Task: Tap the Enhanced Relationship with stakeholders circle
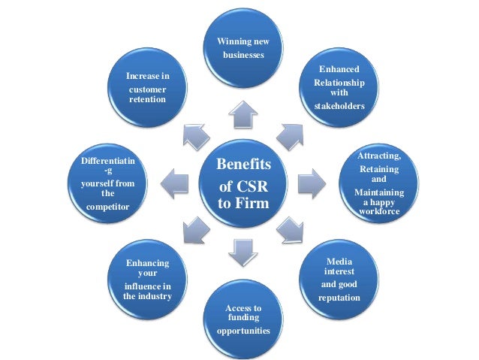(x=339, y=90)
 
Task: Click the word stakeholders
(x=339, y=106)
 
